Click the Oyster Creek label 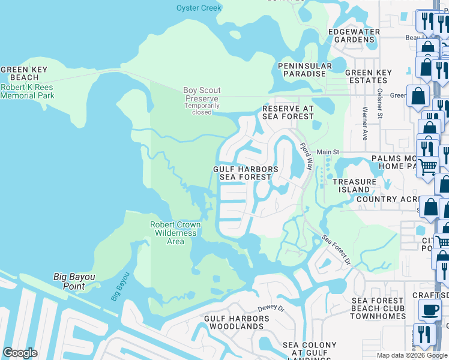click(199, 8)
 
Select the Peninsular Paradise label click(304, 70)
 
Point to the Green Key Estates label click(368, 76)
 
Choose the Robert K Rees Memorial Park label click(28, 91)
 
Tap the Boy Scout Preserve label click(201, 94)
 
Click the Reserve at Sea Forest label click(288, 112)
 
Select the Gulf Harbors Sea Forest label click(246, 173)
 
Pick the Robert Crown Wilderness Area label click(175, 233)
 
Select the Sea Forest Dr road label click(336, 250)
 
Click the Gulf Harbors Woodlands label click(234, 322)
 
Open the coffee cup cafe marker click(429, 310)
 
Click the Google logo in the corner click(20, 353)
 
